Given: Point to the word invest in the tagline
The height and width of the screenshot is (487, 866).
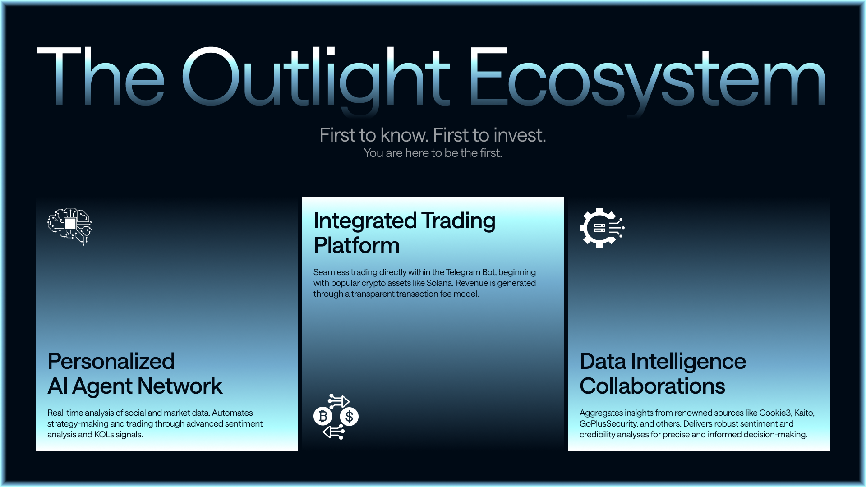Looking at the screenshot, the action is click(x=518, y=135).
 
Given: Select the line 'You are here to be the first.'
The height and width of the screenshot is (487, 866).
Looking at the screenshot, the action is click(x=433, y=153).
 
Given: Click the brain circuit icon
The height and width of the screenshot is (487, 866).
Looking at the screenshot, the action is click(x=70, y=226).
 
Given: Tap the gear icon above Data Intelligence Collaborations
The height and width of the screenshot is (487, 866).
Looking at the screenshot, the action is click(x=602, y=228).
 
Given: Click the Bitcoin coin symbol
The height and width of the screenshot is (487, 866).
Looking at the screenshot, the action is click(x=323, y=416).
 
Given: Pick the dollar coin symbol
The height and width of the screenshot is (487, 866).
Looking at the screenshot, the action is click(x=349, y=416).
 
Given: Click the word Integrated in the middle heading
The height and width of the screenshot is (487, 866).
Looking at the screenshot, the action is click(x=365, y=221).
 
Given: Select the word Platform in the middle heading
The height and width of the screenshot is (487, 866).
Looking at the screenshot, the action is click(x=357, y=246).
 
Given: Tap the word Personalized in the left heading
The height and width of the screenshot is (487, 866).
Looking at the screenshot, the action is click(x=111, y=361).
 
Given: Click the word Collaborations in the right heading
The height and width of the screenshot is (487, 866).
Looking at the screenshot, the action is click(x=652, y=386).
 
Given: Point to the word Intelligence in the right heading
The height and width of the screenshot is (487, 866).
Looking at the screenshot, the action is click(x=688, y=362).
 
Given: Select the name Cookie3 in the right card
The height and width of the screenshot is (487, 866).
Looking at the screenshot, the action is click(x=775, y=413).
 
